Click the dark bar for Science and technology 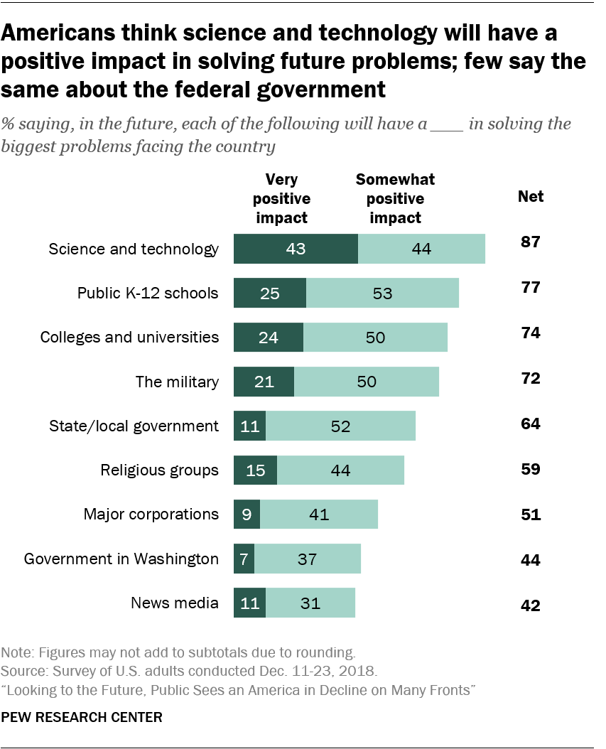pos(296,249)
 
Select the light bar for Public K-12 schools pos(382,293)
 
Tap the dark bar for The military pos(264,382)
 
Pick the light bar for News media pos(310,603)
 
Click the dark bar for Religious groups pos(255,470)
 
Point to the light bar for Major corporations pos(319,514)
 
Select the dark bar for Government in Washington pos(244,559)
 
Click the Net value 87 pos(530,242)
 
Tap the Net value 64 pos(530,424)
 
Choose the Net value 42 pos(530,605)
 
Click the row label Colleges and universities pos(129,337)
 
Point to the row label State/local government pos(134,426)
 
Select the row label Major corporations pos(151,514)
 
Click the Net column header pos(530,196)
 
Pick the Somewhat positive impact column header pos(395,199)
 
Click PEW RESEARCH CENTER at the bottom pos(82,717)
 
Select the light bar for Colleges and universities pos(375,338)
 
